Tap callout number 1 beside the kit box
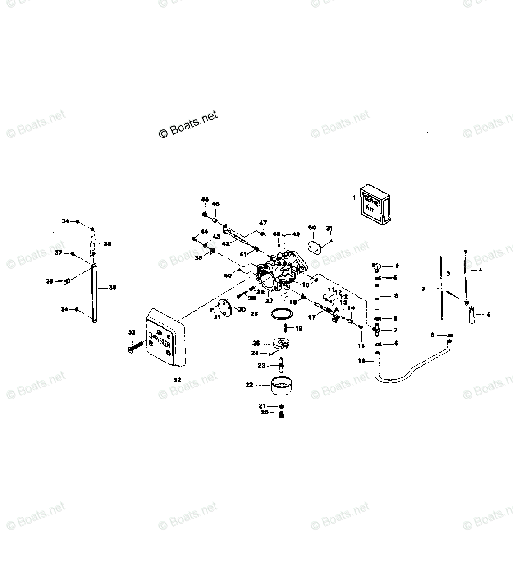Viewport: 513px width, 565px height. (x=354, y=198)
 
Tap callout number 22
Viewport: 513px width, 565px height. (x=249, y=385)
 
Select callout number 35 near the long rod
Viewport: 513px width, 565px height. (x=112, y=287)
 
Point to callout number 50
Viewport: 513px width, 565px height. (x=312, y=227)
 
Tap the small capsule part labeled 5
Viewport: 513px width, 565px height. (x=472, y=315)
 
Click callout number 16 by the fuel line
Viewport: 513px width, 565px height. (x=362, y=361)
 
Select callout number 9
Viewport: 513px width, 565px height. (x=397, y=266)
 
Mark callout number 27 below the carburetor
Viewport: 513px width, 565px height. (x=269, y=300)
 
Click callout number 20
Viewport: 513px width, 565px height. (x=265, y=412)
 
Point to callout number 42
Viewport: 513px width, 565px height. (x=225, y=243)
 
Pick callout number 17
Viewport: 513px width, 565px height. (x=312, y=318)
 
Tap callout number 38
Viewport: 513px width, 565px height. (x=108, y=244)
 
